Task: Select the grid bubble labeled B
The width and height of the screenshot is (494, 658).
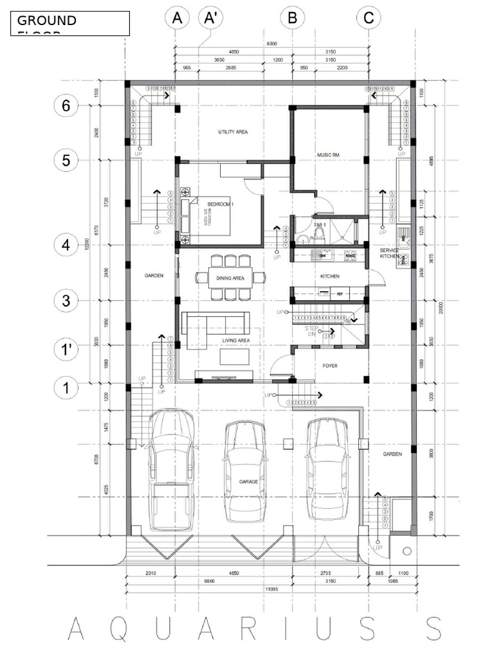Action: pos(292,18)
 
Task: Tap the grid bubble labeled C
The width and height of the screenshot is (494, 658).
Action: pos(368,18)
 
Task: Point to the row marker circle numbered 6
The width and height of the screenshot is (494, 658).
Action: pos(66,105)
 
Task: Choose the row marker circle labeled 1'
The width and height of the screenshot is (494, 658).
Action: pos(66,350)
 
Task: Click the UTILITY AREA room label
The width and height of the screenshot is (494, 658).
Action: pos(233,132)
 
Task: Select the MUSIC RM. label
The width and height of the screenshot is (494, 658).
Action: pos(328,155)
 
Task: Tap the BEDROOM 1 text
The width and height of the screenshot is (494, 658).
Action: pos(221,204)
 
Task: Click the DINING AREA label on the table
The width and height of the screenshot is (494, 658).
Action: pos(230,278)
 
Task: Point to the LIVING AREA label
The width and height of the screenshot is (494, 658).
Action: pos(236,340)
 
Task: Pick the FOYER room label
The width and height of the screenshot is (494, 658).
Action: pos(330,366)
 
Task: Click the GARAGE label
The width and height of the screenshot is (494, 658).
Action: pos(248,481)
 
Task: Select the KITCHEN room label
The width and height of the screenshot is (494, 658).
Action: pos(330,276)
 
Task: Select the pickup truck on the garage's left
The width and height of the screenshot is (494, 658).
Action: pos(171,469)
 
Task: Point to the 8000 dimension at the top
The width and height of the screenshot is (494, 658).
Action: pos(272,44)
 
